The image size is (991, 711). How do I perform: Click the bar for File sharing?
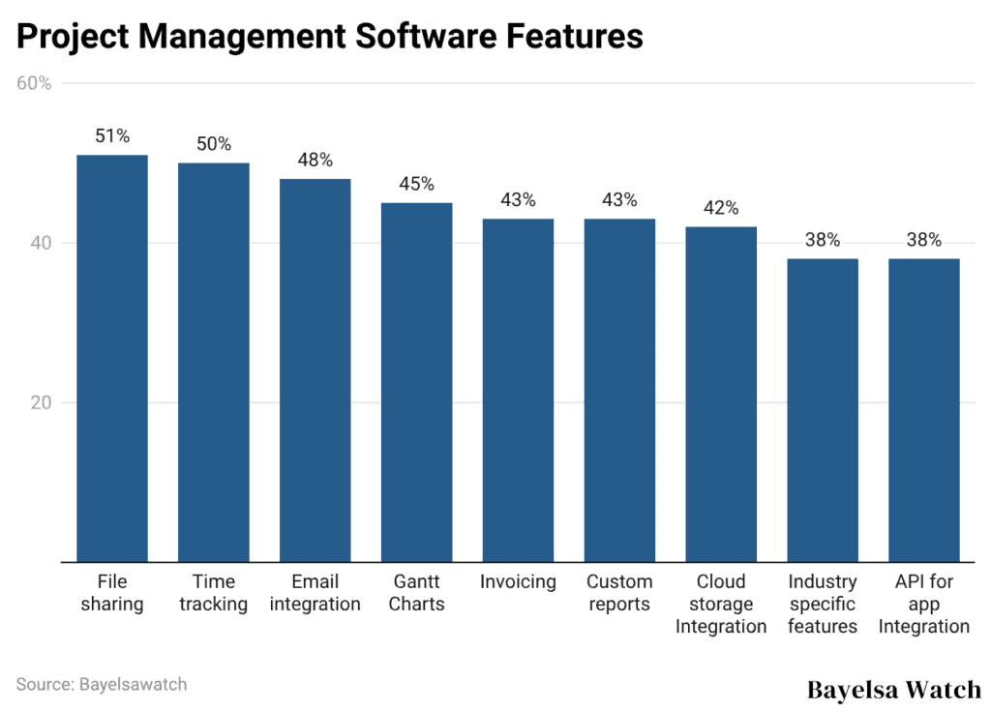(x=112, y=358)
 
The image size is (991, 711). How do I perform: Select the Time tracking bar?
(x=214, y=362)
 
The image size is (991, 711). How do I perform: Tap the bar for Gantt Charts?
(x=416, y=382)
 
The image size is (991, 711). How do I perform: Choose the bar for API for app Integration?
(x=924, y=410)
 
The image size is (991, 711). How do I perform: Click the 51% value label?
(x=112, y=136)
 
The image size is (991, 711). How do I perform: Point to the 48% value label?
(x=315, y=160)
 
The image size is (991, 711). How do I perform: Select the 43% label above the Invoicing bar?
(x=518, y=200)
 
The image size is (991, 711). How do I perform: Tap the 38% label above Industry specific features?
(x=823, y=240)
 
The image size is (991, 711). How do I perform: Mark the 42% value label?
(x=721, y=208)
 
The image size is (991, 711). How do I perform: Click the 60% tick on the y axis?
(x=34, y=83)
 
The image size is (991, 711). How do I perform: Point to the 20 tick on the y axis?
(x=40, y=402)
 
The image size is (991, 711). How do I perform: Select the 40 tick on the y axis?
(x=40, y=243)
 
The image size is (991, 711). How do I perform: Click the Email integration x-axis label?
(x=315, y=593)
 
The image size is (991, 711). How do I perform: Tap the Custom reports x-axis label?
(x=619, y=593)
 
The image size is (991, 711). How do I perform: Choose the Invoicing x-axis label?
(x=518, y=582)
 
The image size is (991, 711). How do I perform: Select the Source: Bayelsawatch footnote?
(x=102, y=684)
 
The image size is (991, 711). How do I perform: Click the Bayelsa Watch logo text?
(x=893, y=689)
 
